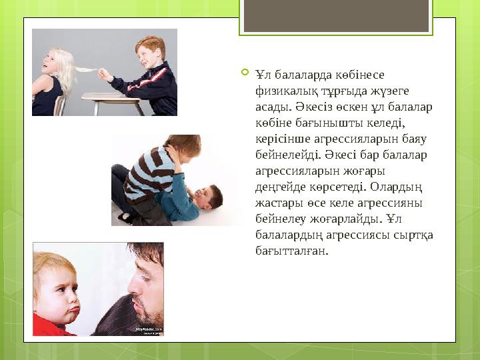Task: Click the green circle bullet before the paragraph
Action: [245, 71]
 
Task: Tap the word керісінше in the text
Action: [281, 139]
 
